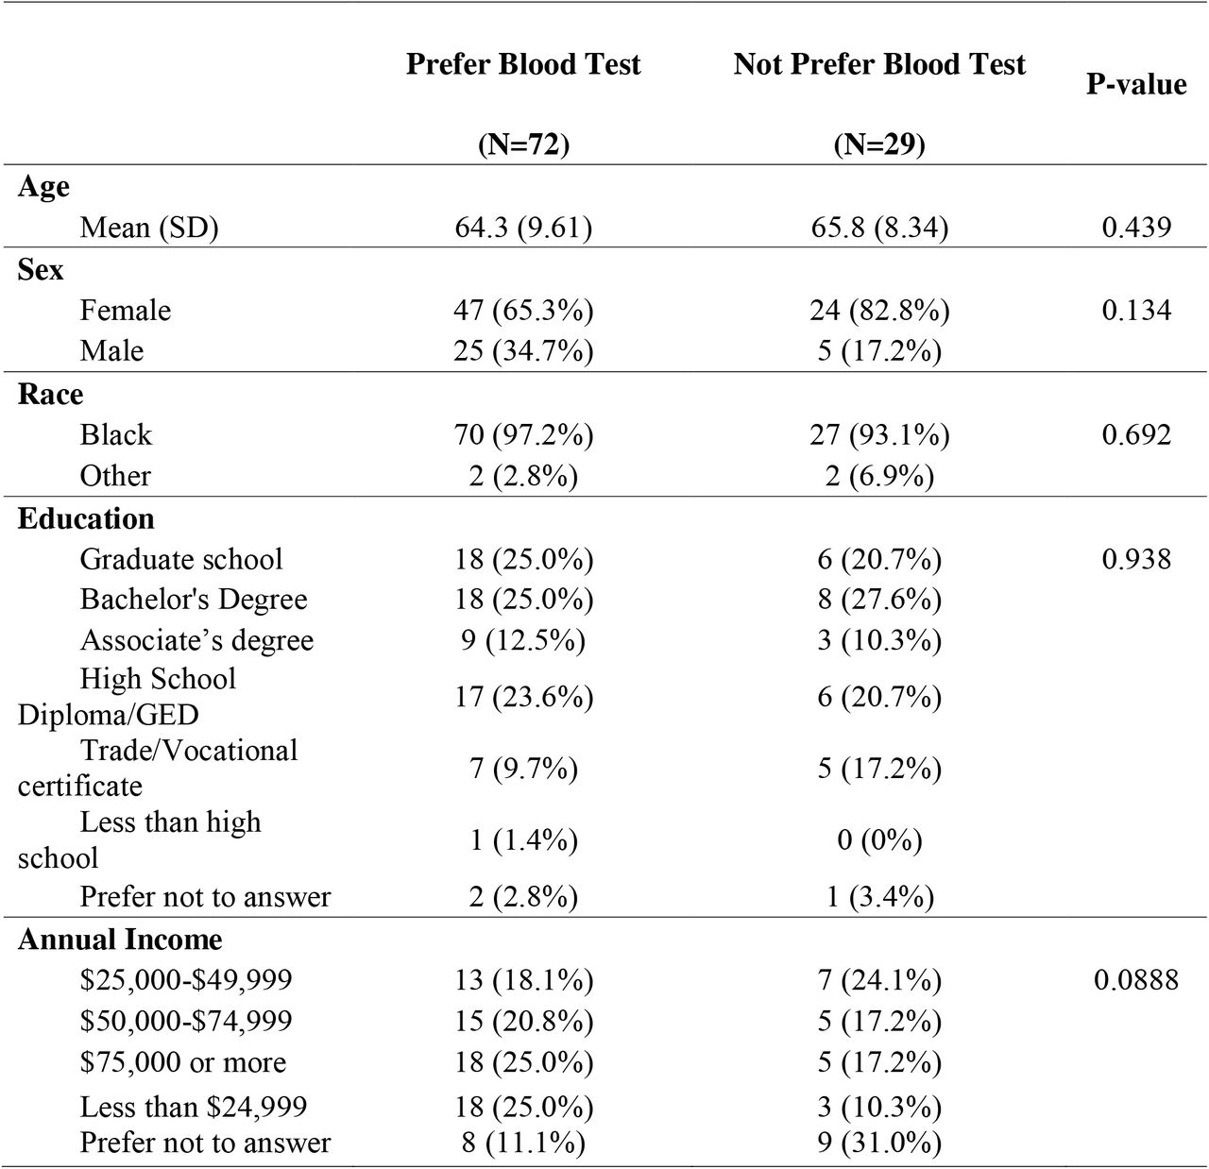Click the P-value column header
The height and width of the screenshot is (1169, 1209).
[1135, 84]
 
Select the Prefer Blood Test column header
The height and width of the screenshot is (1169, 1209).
[523, 64]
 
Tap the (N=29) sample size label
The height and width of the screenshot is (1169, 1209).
[879, 144]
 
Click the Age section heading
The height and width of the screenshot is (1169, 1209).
[43, 187]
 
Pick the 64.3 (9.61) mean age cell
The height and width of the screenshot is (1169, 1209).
[523, 228]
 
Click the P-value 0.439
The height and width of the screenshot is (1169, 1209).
[1136, 228]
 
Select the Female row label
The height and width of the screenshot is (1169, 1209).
[125, 310]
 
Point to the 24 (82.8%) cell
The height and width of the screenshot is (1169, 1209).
[879, 310]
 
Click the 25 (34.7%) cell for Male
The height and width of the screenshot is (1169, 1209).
[523, 351]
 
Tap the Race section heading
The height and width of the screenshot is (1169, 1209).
[50, 394]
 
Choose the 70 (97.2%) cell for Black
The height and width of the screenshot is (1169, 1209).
[523, 434]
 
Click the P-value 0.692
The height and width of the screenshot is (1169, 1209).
[1136, 434]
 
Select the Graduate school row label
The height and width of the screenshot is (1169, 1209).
[180, 559]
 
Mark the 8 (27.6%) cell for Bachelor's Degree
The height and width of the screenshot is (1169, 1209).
[879, 600]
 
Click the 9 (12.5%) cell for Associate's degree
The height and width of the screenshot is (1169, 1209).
[523, 640]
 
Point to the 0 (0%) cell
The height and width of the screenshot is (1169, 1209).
[879, 840]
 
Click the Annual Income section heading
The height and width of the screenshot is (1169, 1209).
[120, 939]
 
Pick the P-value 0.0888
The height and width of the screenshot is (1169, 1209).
[1136, 980]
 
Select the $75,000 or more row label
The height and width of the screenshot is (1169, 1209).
[182, 1062]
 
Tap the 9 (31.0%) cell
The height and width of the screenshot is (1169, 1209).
[879, 1143]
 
